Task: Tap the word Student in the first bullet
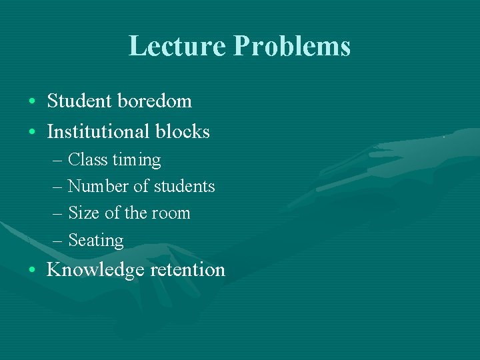(80, 101)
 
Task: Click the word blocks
(182, 131)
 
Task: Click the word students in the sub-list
(182, 187)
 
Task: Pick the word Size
(83, 213)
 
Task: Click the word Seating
(96, 241)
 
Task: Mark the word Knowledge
(96, 270)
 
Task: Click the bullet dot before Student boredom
(32, 102)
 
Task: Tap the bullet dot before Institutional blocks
(32, 132)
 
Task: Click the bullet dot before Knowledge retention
(32, 271)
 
